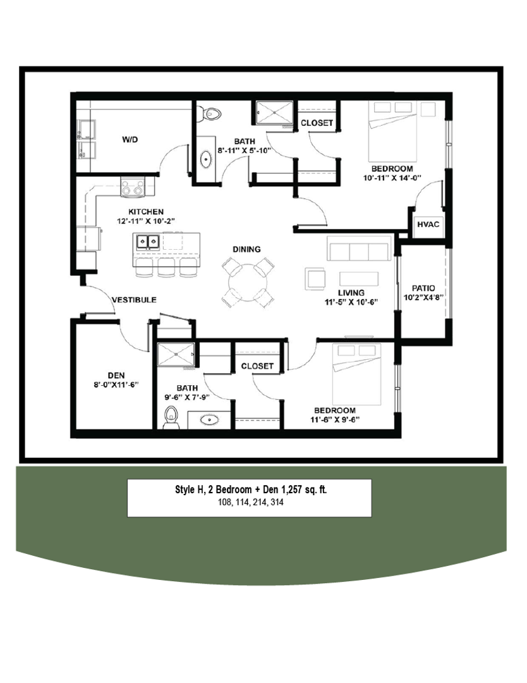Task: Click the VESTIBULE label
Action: tap(134, 299)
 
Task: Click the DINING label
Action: tap(246, 249)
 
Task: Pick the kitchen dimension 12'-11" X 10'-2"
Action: tap(146, 220)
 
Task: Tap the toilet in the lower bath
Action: tap(171, 418)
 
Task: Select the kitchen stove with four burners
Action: tap(133, 187)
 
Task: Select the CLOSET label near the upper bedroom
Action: tap(317, 123)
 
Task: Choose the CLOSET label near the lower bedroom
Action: tap(257, 366)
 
